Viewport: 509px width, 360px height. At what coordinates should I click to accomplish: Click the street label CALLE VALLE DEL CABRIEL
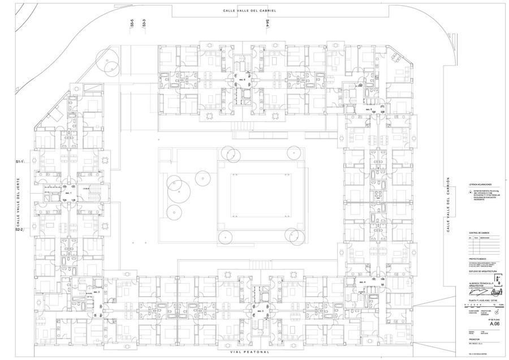coord(249,12)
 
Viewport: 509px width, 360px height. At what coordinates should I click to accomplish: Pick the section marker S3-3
coord(145,23)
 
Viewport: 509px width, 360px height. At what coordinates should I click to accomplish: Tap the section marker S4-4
coord(268,23)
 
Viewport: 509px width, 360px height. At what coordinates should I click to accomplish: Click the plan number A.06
coord(478,324)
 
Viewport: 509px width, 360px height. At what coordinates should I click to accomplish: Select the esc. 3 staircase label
coord(260,311)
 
